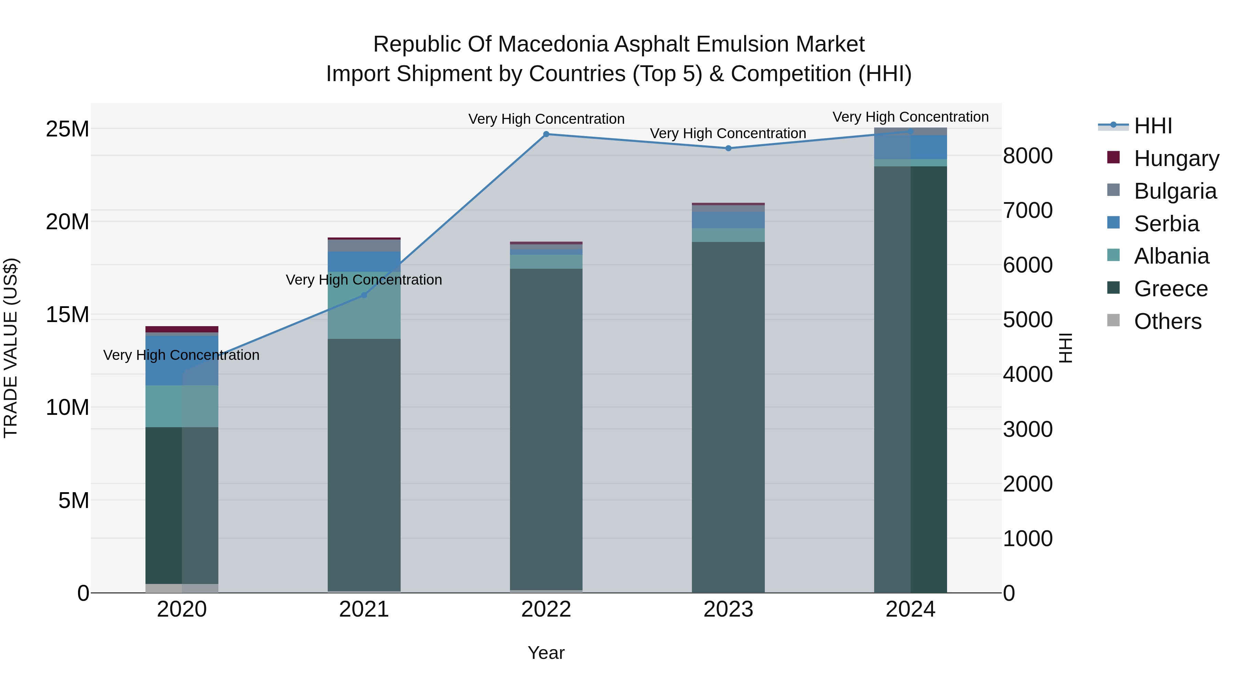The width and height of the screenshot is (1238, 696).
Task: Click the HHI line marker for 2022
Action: [546, 134]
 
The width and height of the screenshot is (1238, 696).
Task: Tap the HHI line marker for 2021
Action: [364, 295]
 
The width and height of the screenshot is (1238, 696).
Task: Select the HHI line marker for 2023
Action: [728, 148]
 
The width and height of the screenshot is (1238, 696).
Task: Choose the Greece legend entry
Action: [1170, 289]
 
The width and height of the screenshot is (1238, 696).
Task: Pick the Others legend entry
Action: [1168, 321]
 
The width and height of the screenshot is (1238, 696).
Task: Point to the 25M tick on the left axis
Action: [67, 129]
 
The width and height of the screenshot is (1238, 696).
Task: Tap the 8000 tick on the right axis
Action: [1028, 156]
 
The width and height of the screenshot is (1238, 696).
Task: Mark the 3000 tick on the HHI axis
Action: [1028, 429]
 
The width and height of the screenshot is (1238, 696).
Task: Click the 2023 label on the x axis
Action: [728, 609]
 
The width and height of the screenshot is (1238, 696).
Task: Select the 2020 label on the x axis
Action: [182, 609]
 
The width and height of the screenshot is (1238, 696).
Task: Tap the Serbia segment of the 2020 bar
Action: [182, 360]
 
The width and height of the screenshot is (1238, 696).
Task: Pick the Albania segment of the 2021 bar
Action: [364, 307]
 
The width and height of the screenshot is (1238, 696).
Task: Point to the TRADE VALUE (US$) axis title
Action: [11, 348]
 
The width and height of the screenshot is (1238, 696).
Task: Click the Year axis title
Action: [546, 653]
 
